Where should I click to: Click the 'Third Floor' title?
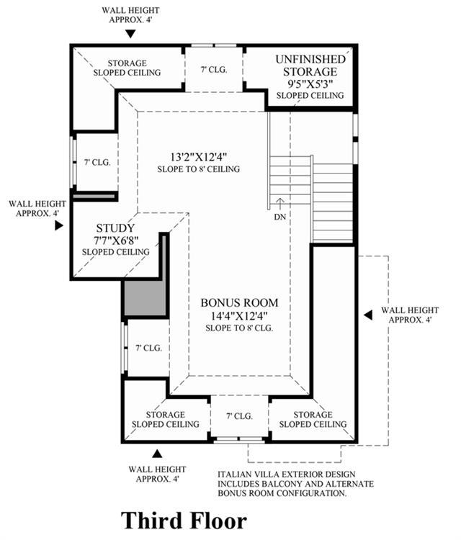(184, 521)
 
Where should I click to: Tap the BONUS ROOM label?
(239, 302)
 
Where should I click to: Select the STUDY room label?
(115, 228)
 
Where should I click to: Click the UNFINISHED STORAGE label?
(310, 65)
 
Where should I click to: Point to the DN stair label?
(280, 217)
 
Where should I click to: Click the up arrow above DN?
(280, 204)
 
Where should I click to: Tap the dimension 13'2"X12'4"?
(199, 157)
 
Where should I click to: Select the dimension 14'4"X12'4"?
(239, 315)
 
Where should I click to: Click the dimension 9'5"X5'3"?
(310, 84)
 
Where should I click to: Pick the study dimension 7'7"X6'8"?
(116, 240)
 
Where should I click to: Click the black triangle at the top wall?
(130, 34)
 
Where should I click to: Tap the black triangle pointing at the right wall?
(368, 315)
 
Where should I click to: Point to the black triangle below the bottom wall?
(158, 454)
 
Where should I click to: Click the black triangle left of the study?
(59, 225)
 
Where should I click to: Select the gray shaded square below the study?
(145, 297)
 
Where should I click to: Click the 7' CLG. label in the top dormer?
(214, 70)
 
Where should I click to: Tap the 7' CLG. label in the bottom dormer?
(239, 416)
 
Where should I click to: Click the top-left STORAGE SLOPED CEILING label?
(127, 68)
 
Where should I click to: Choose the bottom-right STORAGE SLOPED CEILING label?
(313, 420)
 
